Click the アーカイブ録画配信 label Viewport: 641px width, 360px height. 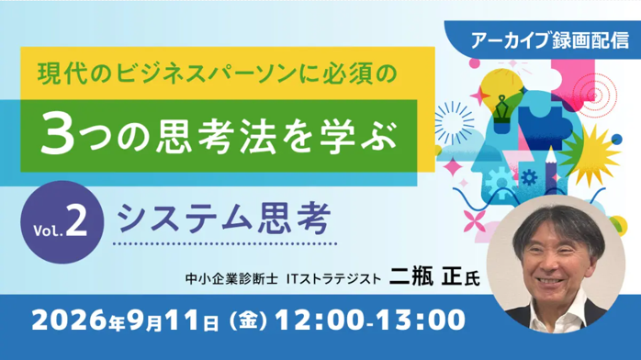550,40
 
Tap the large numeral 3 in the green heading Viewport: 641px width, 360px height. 58,134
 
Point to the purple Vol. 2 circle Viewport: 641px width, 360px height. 62,222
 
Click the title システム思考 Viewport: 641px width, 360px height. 224,219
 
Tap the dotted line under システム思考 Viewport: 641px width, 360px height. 225,244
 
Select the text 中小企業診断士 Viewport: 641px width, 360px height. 231,279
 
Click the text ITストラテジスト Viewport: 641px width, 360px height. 333,279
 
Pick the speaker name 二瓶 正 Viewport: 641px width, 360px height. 426,276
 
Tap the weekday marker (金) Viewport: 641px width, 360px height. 247,320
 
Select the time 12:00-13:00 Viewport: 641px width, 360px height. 370,320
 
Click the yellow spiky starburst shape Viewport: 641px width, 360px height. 590,156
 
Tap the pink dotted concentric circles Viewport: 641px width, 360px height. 595,96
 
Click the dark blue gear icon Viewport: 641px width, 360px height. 529,177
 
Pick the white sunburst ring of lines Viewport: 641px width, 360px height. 455,122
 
